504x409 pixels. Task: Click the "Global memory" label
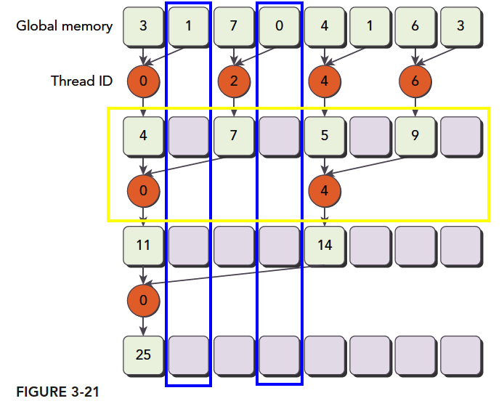[65, 26]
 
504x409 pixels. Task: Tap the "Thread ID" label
[81, 81]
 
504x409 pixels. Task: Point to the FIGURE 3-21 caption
[57, 392]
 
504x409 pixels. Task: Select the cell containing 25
[143, 354]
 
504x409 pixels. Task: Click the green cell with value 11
[143, 245]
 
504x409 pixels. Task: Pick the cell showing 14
[325, 245]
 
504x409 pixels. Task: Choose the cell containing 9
[415, 135]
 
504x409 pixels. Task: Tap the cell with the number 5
[325, 135]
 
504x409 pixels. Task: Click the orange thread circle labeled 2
[234, 81]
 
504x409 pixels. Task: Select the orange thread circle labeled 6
[415, 81]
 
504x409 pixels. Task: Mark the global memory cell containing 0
[280, 26]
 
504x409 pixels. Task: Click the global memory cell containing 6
[415, 26]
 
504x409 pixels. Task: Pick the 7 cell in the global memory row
[234, 26]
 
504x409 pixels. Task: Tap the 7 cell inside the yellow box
[234, 135]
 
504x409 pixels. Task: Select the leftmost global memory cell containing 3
[143, 26]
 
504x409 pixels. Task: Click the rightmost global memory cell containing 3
[460, 26]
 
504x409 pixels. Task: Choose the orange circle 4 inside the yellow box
[325, 191]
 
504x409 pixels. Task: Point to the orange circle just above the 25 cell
[143, 299]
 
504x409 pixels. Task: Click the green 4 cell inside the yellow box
[143, 135]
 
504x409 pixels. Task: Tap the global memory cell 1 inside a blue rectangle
[189, 26]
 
